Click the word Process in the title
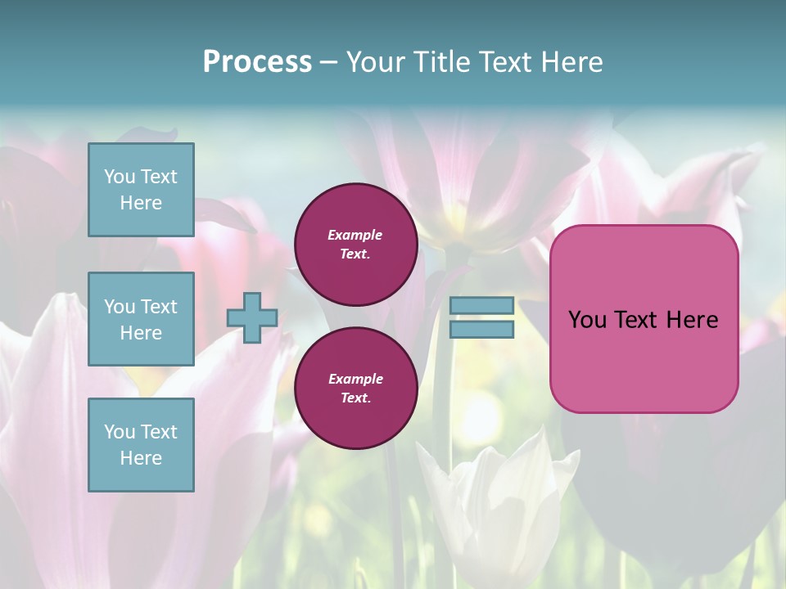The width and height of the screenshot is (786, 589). (257, 62)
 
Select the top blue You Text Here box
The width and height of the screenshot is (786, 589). (141, 190)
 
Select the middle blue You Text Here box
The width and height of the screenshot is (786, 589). (141, 319)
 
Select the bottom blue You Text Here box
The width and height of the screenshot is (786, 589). (141, 445)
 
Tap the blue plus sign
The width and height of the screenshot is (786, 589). (252, 317)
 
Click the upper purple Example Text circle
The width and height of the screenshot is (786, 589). (356, 245)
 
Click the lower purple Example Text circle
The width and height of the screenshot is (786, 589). (356, 389)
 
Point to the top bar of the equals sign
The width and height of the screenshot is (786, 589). (482, 306)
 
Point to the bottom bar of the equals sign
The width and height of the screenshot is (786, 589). (482, 330)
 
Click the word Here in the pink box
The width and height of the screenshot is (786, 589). (692, 320)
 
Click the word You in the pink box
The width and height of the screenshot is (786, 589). (587, 320)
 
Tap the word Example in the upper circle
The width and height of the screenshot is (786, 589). (355, 236)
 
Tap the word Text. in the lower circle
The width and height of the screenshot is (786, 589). (355, 398)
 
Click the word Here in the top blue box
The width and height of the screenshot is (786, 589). (141, 203)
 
